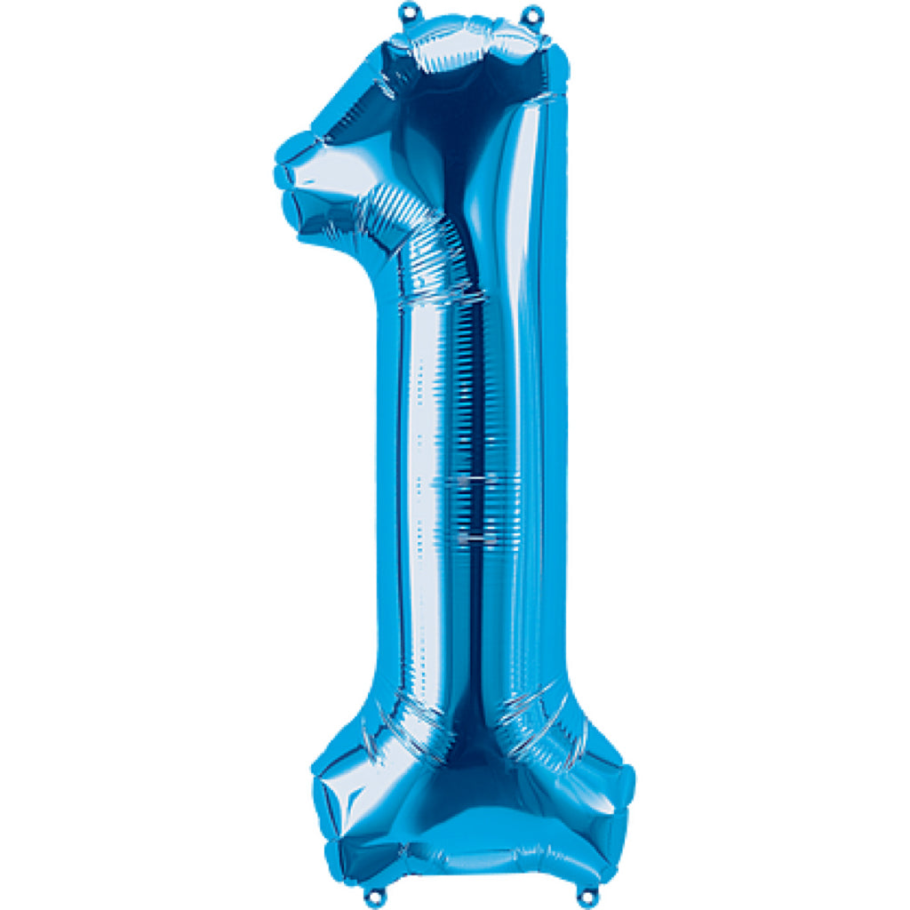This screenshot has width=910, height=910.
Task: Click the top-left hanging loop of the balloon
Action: tap(408, 11)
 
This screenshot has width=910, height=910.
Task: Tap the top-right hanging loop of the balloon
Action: tap(531, 12)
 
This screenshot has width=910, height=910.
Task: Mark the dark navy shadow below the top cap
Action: tap(462, 116)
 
